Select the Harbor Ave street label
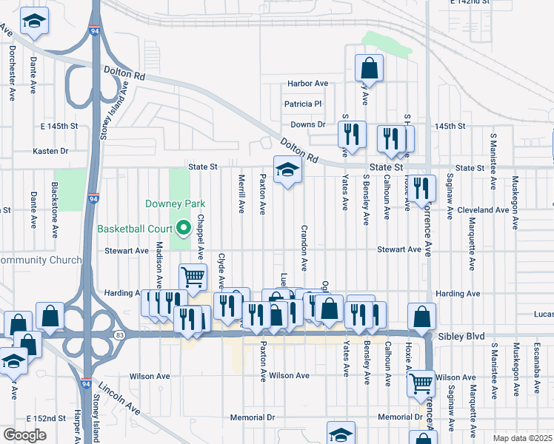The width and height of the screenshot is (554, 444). click(x=307, y=84)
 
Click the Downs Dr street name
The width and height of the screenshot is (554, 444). click(x=308, y=125)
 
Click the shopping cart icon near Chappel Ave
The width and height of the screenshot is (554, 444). click(x=193, y=277)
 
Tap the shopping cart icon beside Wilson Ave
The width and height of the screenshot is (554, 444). click(x=421, y=383)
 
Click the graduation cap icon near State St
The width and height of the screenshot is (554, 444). click(x=287, y=170)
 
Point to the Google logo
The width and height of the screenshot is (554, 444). click(x=24, y=435)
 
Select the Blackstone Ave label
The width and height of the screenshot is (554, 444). click(x=54, y=210)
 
